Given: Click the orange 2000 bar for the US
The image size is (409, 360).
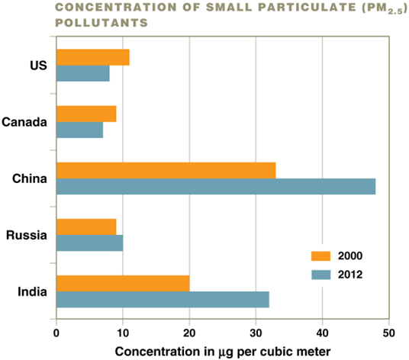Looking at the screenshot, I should point(93,57).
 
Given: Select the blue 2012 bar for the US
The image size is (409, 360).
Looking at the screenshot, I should point(83,73).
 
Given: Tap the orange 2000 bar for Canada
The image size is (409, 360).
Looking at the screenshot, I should point(86,114).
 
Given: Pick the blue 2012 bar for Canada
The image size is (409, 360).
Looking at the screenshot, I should point(80,130).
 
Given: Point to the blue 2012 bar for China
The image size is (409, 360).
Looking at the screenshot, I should point(216,186).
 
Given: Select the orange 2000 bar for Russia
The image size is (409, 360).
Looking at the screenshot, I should point(86,227).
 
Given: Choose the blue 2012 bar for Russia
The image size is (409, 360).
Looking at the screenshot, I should point(90,243).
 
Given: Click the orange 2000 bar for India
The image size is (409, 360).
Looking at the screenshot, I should point(123,283).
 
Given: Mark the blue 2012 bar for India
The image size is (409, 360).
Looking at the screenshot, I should point(163,299).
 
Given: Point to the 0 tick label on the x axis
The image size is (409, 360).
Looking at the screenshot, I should point(56,333).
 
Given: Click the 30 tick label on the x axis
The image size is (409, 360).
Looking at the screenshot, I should point(256,333).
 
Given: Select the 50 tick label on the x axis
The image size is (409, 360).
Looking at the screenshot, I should point(388,333).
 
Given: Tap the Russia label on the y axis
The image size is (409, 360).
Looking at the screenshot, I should point(27,235).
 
